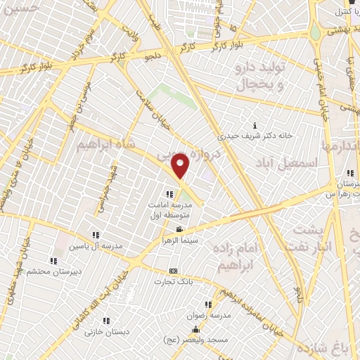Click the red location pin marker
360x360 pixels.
tap(181, 166)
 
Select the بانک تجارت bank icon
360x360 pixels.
tap(174, 271)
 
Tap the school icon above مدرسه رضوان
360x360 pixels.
tap(208, 304)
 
